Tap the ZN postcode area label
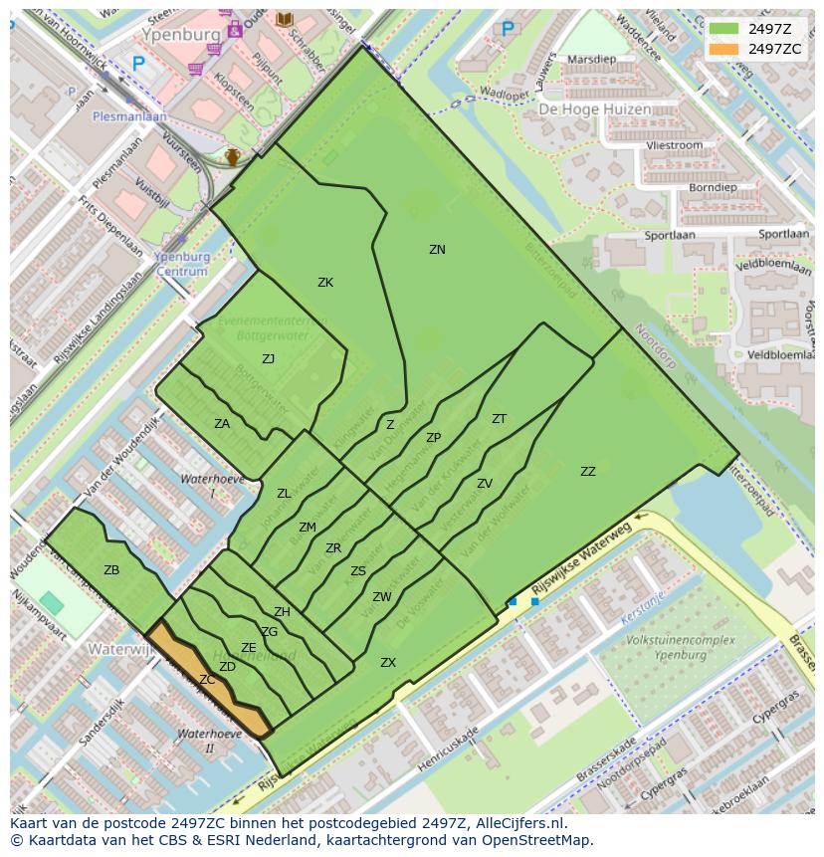coord(437,250)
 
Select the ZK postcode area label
coord(325,283)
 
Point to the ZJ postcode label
coord(268,359)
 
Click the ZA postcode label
coord(222,424)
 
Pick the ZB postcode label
coord(111,570)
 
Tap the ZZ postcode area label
coord(588,472)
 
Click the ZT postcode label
coord(499,419)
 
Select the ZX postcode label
coord(388,663)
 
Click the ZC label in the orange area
coord(207,680)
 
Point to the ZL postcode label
coord(284,494)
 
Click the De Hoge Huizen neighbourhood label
coord(595,109)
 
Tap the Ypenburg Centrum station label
coord(182,263)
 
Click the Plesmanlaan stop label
coord(129,115)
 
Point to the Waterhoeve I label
coord(211,486)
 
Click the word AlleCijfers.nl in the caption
coord(518,823)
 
